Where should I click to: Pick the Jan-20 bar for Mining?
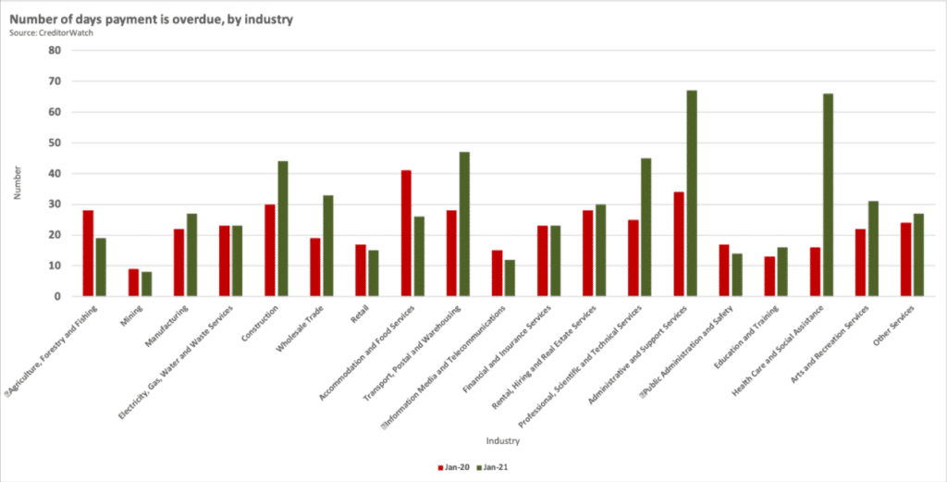coord(133,282)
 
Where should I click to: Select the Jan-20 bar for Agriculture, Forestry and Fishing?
coord(88,253)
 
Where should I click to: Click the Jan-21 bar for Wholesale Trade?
coord(327,245)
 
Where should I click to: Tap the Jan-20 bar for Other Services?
coord(906,259)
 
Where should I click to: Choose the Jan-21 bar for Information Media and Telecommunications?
coord(510,278)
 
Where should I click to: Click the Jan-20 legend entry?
coord(449,467)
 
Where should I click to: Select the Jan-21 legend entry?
coord(490,467)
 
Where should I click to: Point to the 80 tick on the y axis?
coord(55,51)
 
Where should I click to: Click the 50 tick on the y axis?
coord(55,142)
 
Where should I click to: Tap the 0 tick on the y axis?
coord(57,296)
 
